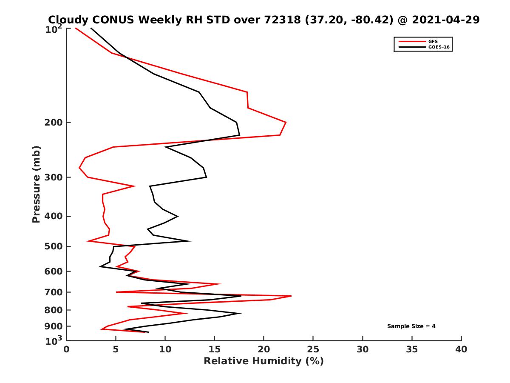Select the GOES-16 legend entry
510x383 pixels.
tap(439, 47)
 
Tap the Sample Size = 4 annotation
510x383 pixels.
tap(411, 326)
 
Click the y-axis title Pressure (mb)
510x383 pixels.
tap(36, 184)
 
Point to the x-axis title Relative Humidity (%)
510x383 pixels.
tap(263, 361)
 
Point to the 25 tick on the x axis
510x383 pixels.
tap(313, 349)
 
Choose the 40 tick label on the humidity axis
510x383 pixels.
tap(461, 349)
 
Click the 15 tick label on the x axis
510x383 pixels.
tap(214, 349)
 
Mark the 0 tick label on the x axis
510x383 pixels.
tap(66, 349)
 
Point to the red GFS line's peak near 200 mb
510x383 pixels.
tap(286, 123)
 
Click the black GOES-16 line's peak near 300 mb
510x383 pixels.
tap(207, 177)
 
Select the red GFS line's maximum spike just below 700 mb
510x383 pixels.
tap(291, 296)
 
